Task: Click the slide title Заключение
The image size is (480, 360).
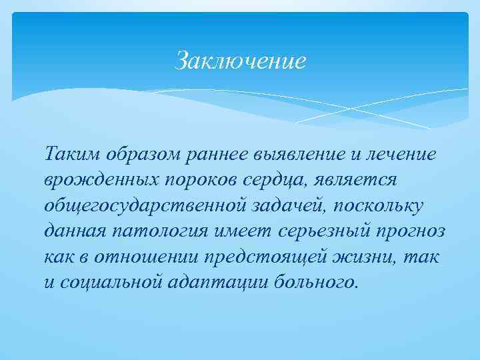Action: [240, 61]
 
